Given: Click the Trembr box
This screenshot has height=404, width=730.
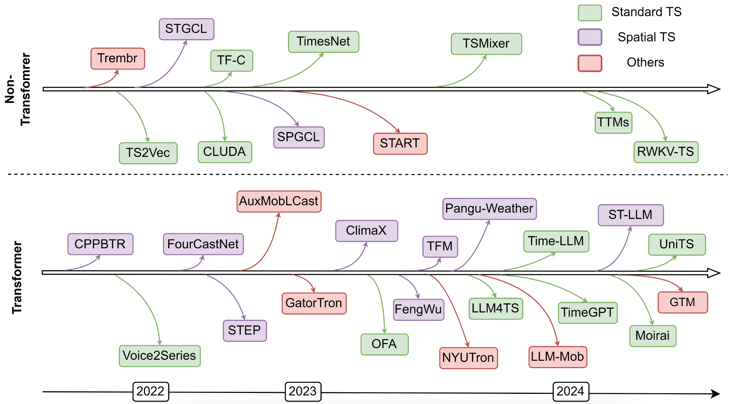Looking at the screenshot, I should click(118, 59).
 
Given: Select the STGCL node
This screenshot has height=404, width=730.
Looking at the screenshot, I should click(186, 29).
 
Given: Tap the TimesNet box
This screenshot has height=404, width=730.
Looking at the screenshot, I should click(323, 42).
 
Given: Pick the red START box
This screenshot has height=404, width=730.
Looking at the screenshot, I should click(400, 143).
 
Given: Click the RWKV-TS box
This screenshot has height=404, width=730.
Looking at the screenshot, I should click(666, 152).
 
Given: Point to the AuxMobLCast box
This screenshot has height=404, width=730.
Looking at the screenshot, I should click(279, 201).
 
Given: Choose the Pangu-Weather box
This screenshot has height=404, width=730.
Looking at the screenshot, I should click(489, 209).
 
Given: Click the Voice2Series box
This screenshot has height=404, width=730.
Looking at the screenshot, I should click(160, 356).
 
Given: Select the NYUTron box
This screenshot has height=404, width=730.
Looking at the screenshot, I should click(468, 358).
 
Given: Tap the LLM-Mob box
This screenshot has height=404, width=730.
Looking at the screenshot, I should click(558, 357).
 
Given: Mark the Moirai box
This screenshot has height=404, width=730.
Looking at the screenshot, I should click(653, 336).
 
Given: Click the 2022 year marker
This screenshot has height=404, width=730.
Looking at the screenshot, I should click(151, 391).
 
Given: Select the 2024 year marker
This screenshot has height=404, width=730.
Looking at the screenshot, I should click(571, 391).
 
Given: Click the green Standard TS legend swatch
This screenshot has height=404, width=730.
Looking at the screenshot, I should click(590, 13).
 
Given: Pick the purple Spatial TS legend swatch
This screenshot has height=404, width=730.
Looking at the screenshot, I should click(590, 37).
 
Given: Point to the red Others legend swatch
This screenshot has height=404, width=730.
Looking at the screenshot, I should click(590, 63).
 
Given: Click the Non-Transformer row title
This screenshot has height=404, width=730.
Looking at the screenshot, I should click(18, 89).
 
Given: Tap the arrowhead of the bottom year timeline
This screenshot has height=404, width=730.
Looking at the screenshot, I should click(715, 394).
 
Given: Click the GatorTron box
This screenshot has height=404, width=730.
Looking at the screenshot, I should click(314, 303).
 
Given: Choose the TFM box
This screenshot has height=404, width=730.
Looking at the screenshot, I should click(440, 247).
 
